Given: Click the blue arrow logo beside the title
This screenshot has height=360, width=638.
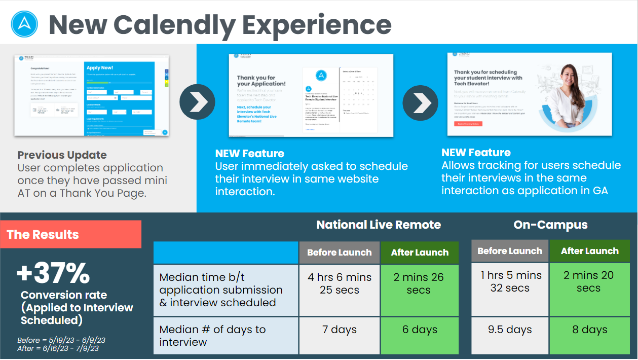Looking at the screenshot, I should (x=24, y=24).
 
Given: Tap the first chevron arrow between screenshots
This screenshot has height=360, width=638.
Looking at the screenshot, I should (x=197, y=102).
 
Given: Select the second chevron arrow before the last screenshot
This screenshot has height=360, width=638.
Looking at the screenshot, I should (x=421, y=103).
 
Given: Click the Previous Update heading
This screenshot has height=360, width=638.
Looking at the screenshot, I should (x=62, y=155).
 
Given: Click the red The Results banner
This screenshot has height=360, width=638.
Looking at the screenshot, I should (x=71, y=234).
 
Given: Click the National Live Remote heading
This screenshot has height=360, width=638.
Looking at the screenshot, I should (x=379, y=225).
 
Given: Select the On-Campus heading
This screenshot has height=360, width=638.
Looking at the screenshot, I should (x=550, y=225).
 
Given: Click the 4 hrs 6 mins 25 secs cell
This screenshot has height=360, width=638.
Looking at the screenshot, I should (x=340, y=284).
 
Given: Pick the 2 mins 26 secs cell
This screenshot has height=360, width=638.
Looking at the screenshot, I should (x=419, y=284).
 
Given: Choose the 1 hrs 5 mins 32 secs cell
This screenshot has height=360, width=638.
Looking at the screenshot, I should (x=510, y=282).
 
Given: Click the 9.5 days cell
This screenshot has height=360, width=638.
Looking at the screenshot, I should (x=510, y=330).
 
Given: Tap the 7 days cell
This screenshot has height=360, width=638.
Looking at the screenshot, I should (x=340, y=330).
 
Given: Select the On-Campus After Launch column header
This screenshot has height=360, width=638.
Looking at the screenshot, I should (x=589, y=251).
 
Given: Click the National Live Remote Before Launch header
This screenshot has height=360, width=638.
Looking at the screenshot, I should (x=340, y=253).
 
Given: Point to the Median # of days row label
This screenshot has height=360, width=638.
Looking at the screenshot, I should (x=212, y=336).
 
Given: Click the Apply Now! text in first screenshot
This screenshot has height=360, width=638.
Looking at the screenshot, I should (x=100, y=67).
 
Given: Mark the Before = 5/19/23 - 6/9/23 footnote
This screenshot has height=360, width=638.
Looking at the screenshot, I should (x=61, y=340).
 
